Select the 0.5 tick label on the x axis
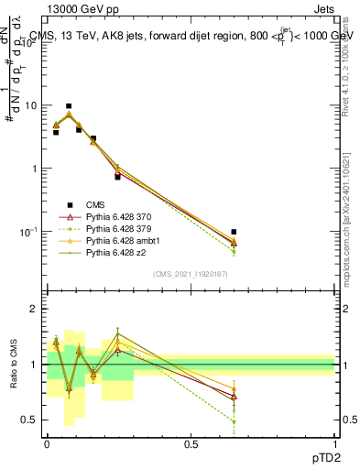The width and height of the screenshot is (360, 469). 191,443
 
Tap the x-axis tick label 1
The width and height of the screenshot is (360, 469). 334,443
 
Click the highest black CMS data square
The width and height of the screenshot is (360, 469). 69,106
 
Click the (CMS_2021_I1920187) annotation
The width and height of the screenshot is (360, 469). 190,274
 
